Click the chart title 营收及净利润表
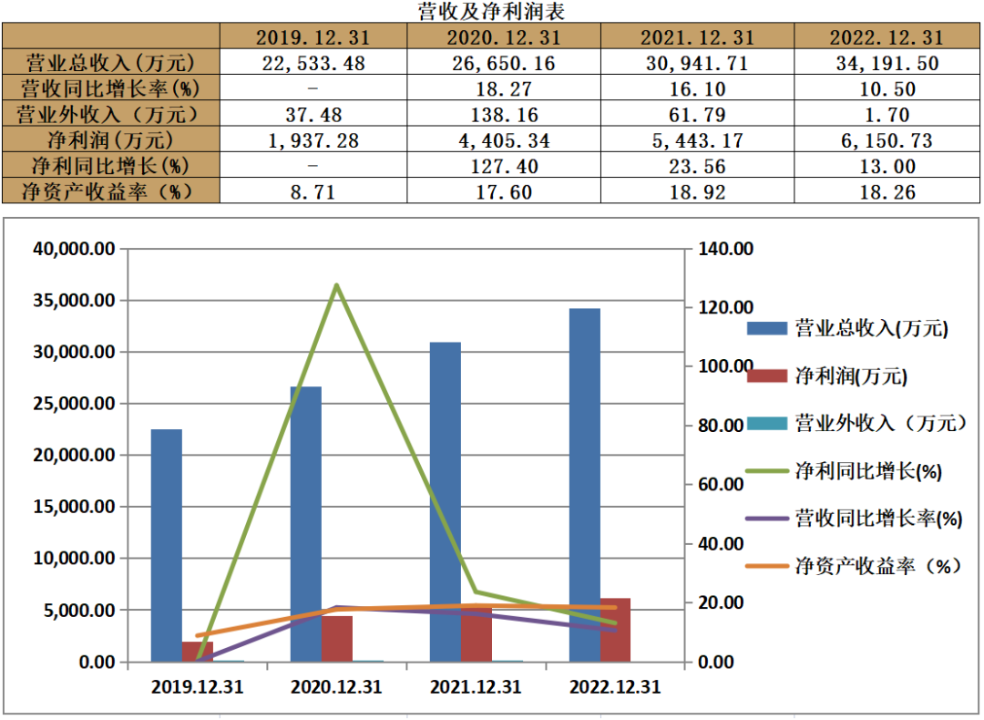tap(491, 11)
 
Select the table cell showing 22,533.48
tap(313, 63)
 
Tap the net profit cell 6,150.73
tap(887, 140)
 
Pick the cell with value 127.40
tap(504, 166)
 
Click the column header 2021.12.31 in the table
tap(697, 37)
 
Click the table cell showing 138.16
tap(504, 114)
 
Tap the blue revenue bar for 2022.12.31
tap(585, 485)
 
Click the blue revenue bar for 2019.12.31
tap(167, 546)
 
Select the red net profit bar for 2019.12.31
tap(198, 652)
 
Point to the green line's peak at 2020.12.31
tap(337, 285)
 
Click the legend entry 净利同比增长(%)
tap(844, 471)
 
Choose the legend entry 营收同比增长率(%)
tap(854, 519)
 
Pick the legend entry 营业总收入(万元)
tap(847, 328)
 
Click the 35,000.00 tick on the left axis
tap(74, 300)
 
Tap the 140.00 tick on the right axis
tap(726, 249)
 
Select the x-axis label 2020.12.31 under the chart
tap(336, 686)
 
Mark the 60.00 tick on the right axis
tap(721, 484)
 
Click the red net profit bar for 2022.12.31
tap(616, 630)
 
